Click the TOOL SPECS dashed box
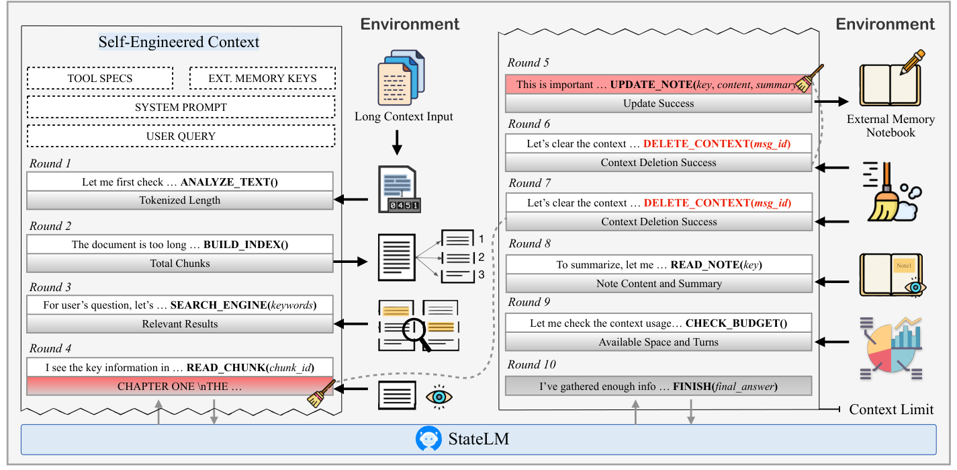[100, 78]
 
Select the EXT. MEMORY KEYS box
[263, 78]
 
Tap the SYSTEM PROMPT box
[181, 107]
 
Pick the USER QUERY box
[181, 136]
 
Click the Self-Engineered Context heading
[179, 42]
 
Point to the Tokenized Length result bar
[180, 200]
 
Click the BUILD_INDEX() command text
[246, 245]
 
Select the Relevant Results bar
[180, 323]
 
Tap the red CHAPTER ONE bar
[180, 387]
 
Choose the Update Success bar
[658, 104]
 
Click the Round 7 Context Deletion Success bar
[658, 221]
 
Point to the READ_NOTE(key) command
[717, 264]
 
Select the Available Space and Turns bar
[658, 342]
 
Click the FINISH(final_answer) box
[658, 387]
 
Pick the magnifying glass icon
[416, 333]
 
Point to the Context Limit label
[891, 409]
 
